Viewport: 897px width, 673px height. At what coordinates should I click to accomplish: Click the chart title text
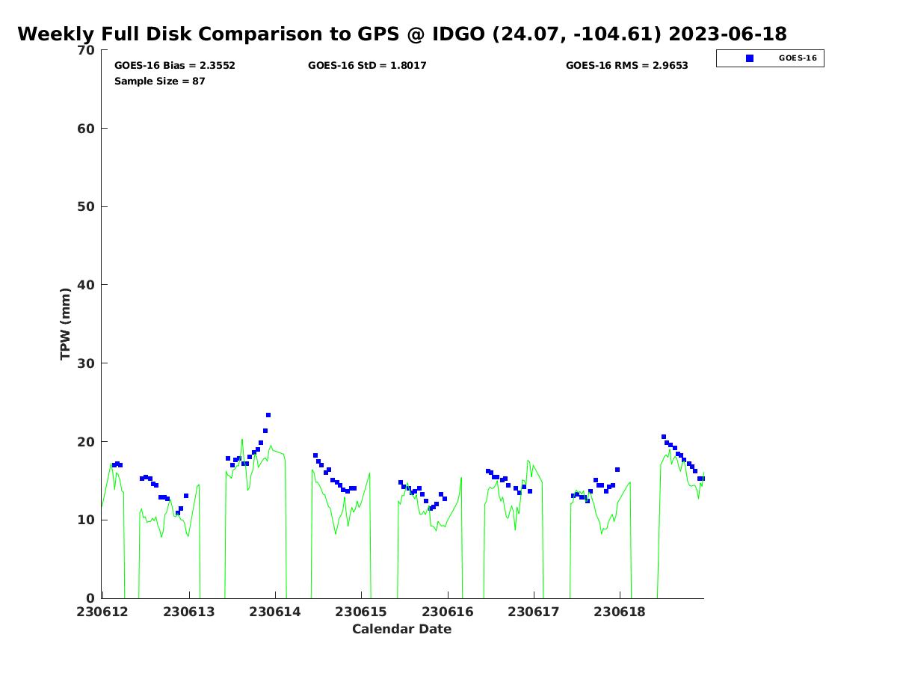[401, 34]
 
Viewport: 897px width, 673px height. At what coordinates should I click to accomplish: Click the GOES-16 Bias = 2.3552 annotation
[175, 66]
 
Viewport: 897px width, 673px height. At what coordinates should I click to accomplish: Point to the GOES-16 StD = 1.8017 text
[367, 66]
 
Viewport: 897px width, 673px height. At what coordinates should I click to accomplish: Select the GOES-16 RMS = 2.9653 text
[626, 66]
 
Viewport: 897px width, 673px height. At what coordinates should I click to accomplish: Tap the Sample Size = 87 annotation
[160, 82]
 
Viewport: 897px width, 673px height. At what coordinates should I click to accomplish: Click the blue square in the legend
[750, 58]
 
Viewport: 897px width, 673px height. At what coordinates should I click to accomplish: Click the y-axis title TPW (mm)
[66, 324]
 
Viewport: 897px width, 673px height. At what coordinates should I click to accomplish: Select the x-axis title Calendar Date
[402, 630]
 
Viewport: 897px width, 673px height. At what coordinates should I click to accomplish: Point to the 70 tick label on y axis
[87, 50]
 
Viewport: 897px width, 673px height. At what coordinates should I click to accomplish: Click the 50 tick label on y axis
[87, 207]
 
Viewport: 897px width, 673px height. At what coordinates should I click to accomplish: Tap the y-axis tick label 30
[87, 363]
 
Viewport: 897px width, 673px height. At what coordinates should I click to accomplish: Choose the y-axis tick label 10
[87, 520]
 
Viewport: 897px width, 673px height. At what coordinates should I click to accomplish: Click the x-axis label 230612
[102, 612]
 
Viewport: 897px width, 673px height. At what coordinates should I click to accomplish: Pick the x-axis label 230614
[275, 612]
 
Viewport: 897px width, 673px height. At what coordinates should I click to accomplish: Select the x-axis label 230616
[448, 612]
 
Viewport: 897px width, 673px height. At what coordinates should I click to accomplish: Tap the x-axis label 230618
[620, 612]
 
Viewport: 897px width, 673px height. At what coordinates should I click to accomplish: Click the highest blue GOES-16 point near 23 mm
[268, 415]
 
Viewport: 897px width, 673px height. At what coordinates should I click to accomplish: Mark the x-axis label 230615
[361, 612]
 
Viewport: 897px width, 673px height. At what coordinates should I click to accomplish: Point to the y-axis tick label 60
[87, 129]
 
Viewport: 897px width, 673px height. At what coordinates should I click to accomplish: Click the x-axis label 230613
[189, 612]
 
